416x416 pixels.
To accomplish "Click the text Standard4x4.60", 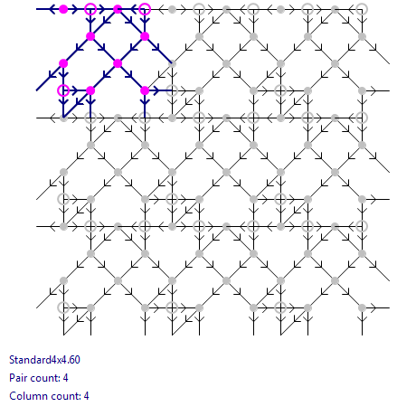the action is (x=44, y=360).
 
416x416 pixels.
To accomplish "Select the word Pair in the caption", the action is (x=16, y=378).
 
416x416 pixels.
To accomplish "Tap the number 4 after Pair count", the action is (x=65, y=378).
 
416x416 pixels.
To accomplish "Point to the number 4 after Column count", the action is (x=86, y=396).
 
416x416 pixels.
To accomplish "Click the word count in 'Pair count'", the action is (x=43, y=378).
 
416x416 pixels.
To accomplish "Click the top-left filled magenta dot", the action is (x=63, y=9).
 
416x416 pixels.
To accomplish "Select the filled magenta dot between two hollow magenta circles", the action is (x=118, y=9).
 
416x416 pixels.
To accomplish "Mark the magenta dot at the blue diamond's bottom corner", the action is (x=118, y=63).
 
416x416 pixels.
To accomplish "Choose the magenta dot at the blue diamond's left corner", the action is (x=90, y=36).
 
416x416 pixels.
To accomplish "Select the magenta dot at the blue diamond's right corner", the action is (x=145, y=36).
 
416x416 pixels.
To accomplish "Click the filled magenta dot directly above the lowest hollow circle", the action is (x=63, y=63).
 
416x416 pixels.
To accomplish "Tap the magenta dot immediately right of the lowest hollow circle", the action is (x=90, y=90).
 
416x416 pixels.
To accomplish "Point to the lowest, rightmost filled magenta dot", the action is (x=145, y=90).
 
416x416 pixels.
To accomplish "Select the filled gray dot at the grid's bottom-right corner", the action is (x=362, y=307).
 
